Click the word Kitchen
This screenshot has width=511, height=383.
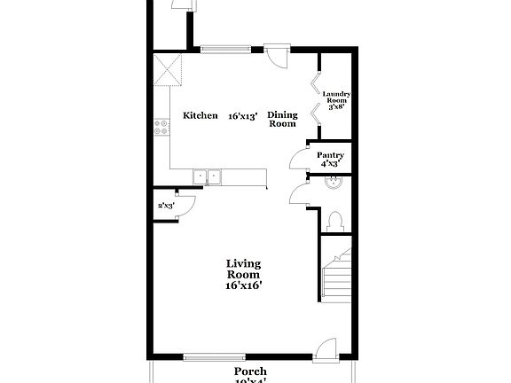tap(200, 116)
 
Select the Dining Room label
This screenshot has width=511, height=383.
tap(281, 120)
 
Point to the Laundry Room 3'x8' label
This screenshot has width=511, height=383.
tap(337, 99)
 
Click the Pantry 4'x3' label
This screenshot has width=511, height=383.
tap(330, 159)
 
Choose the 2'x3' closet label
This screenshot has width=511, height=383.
tap(166, 206)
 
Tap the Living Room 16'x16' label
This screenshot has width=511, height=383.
tap(243, 274)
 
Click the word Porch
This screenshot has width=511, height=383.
tap(250, 371)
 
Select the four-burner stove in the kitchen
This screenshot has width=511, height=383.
tap(161, 127)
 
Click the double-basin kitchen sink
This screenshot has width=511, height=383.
tap(208, 177)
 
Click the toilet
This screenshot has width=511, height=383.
tap(334, 219)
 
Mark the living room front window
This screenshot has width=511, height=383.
tap(215, 358)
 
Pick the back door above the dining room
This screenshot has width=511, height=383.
tap(278, 56)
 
